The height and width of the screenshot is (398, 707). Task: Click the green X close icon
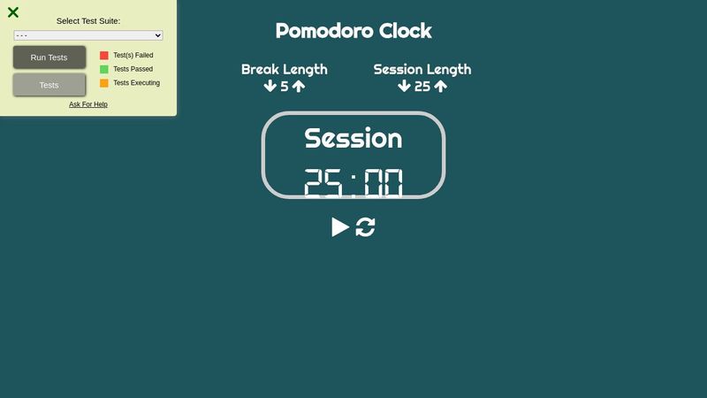13,12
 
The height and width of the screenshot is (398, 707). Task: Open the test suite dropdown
88,35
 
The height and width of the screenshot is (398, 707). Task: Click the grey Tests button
49,85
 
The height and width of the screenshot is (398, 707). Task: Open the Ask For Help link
88,104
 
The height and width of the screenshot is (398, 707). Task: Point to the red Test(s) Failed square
104,55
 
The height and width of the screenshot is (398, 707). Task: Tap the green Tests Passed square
104,69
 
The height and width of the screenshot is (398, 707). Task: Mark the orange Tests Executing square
104,83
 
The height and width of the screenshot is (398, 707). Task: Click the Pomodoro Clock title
353,31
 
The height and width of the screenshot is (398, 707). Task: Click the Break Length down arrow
270,87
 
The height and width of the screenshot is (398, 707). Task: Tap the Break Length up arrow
299,87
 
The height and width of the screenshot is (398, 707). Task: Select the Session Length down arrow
404,87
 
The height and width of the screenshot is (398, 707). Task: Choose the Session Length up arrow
441,87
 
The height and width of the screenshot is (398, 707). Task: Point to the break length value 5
285,87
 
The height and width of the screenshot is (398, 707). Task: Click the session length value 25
422,87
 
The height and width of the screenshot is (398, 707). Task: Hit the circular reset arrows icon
366,227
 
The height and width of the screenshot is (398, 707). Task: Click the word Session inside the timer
353,138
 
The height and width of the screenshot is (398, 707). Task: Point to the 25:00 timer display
353,183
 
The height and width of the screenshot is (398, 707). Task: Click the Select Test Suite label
88,20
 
